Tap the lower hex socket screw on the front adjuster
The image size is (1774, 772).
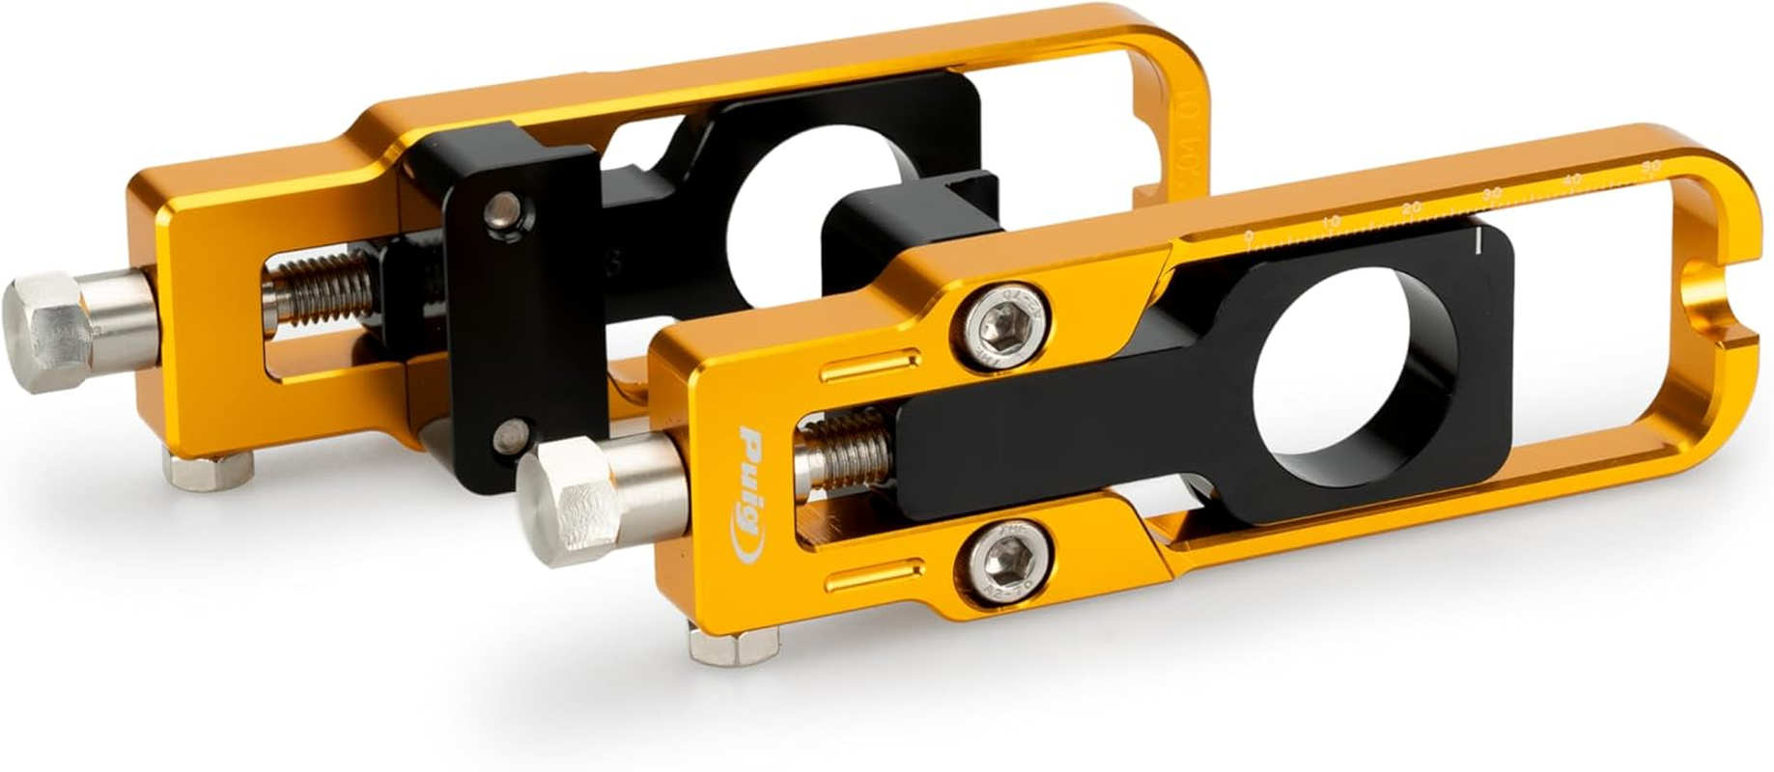1005,556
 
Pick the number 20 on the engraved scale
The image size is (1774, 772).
1412,208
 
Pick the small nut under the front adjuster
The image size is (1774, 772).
734,643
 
